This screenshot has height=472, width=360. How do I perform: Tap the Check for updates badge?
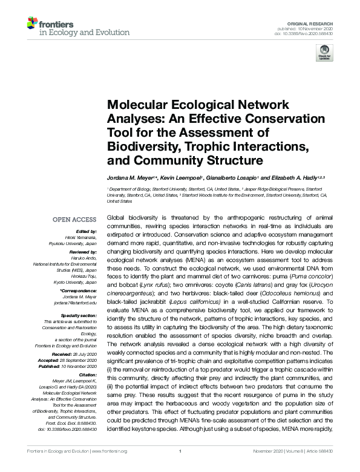pyautogui.click(x=324, y=54)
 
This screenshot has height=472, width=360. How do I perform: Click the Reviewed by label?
pyautogui.click(x=82, y=251)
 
